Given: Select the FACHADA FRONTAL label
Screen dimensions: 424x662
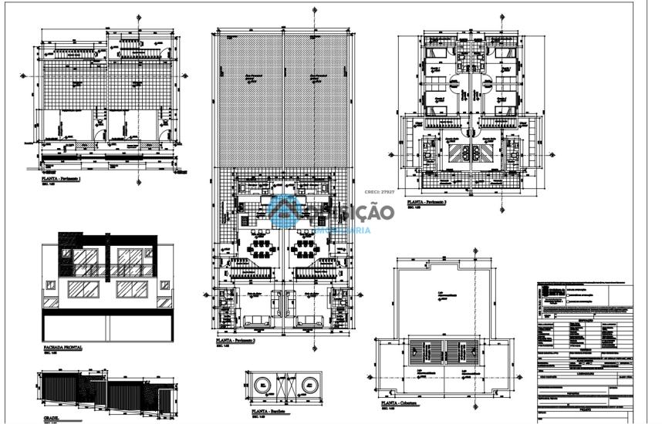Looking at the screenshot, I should pos(63,348).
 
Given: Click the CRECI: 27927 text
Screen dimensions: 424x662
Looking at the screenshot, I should pos(380,192).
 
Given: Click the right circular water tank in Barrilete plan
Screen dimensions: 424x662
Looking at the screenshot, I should pos(311,385).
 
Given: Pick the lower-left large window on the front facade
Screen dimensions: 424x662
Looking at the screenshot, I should pos(84,290).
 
